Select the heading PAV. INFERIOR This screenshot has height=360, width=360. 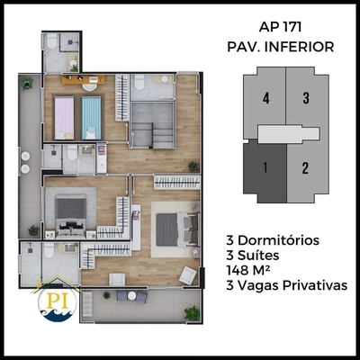pos(282,44)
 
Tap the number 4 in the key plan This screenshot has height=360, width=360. pos(265,99)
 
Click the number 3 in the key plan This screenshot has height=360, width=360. pos(306,99)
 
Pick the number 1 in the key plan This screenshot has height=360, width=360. pos(265,166)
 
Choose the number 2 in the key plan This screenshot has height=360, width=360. pos(306,166)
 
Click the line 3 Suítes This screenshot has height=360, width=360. pos(257,256)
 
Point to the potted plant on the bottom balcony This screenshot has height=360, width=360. pos(192,312)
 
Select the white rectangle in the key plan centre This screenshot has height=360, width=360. pos(286,134)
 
